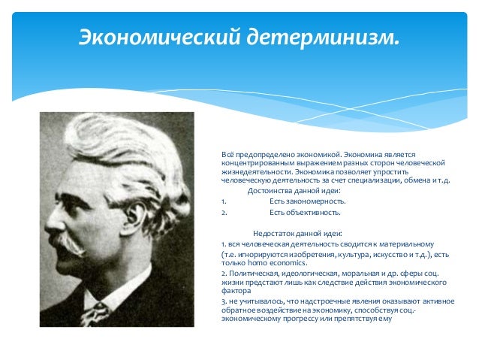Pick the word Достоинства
(270, 191)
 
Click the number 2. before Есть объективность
(224, 212)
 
